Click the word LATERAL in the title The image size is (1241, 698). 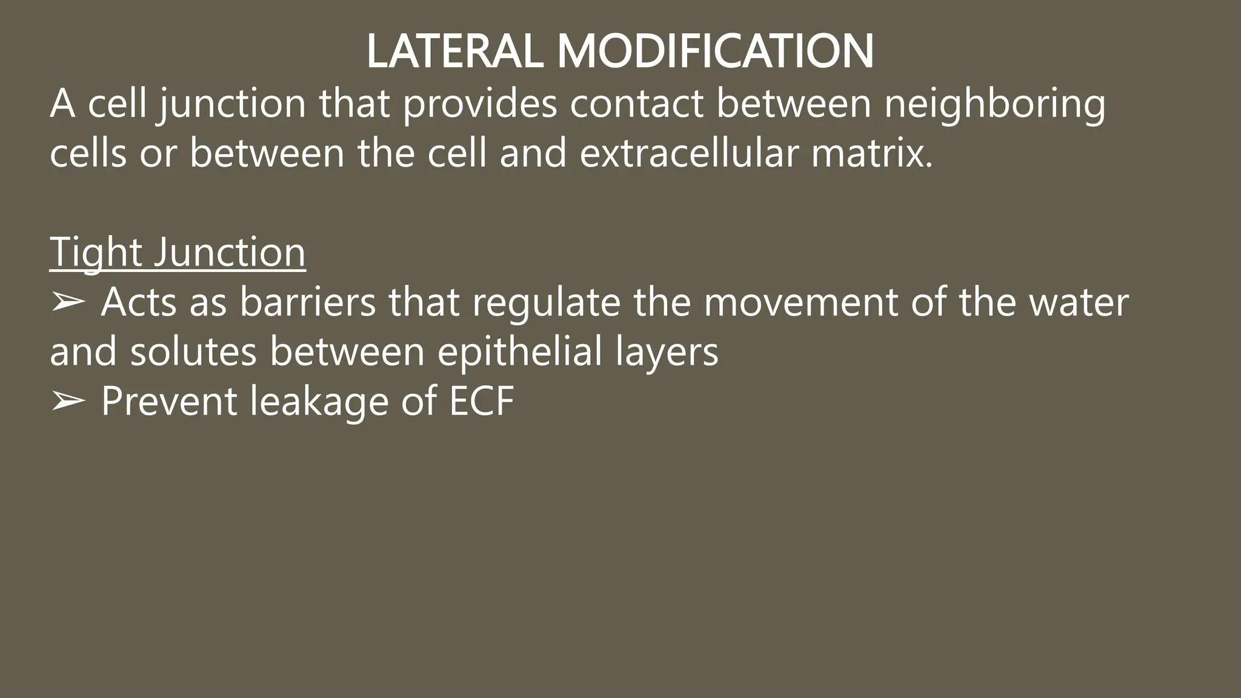(454, 52)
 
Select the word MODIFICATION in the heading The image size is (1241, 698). (715, 52)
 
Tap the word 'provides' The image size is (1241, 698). (479, 104)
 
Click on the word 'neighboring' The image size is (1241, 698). (994, 104)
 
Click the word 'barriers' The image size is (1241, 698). (308, 302)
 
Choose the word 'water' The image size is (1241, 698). (1079, 302)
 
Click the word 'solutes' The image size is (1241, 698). (193, 351)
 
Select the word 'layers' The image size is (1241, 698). (667, 351)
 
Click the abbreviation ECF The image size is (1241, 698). (482, 401)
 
